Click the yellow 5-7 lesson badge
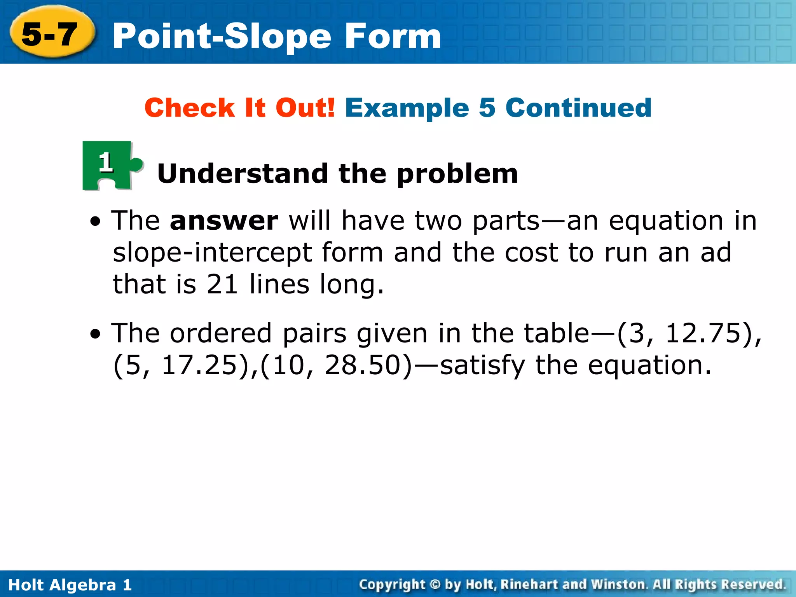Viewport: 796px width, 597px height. point(51,34)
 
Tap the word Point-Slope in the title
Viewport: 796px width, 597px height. point(222,37)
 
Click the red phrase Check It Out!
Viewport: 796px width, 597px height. point(239,108)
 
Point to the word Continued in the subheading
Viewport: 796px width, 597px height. point(578,108)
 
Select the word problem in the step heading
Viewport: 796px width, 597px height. point(457,174)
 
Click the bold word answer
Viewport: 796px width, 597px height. point(224,221)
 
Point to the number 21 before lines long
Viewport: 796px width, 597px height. point(222,284)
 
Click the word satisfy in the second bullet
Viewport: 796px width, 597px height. point(482,366)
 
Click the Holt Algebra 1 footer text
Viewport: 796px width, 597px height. point(70,585)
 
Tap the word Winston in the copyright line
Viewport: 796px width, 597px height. point(618,584)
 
